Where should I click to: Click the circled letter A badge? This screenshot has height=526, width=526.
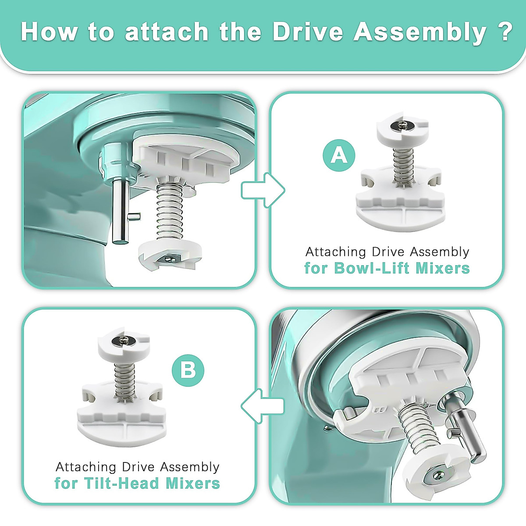(339, 156)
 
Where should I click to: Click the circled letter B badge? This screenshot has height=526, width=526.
(188, 370)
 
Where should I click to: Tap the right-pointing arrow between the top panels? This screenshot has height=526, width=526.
(263, 190)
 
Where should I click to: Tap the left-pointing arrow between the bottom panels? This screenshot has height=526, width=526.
(263, 406)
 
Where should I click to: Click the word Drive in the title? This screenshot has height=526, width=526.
(308, 32)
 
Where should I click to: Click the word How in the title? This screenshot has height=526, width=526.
(49, 32)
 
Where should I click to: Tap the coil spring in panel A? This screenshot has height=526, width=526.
(402, 166)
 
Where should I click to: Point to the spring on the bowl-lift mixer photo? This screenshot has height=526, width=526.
(170, 211)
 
